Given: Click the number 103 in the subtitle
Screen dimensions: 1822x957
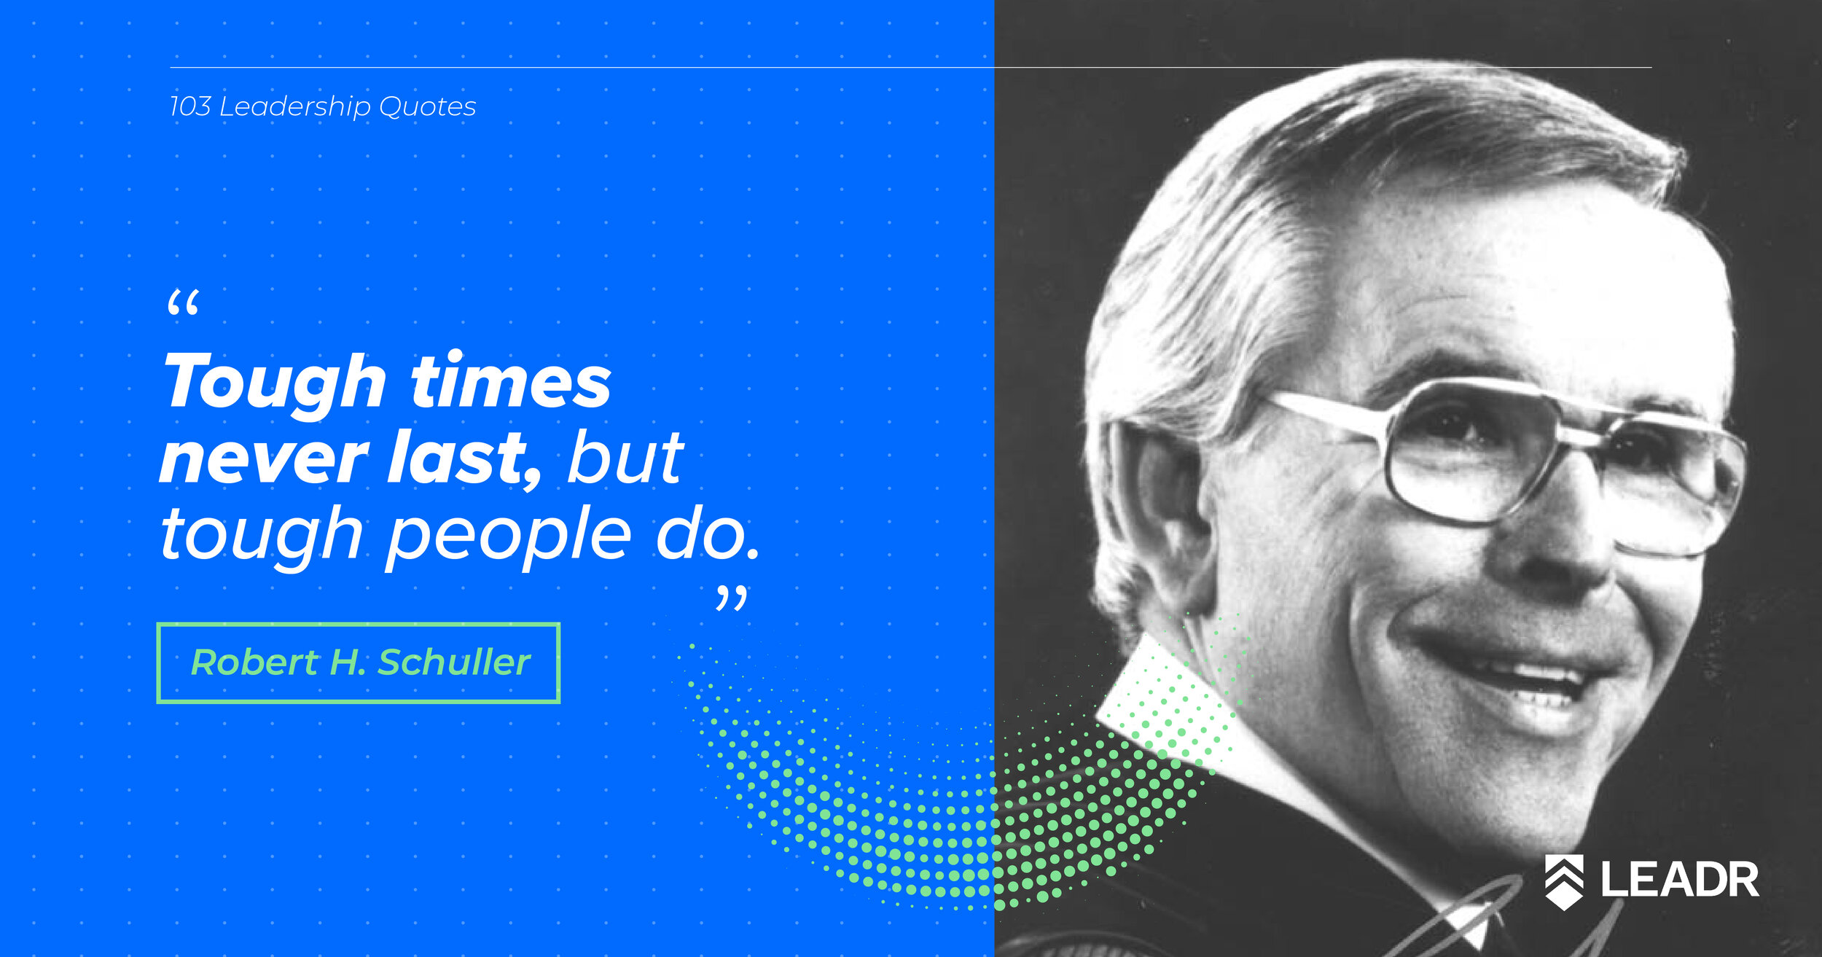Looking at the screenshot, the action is pos(190,106).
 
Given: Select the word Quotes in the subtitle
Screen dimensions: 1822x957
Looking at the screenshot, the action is pos(428,107).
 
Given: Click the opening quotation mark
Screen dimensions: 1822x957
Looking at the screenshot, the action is pos(183,302).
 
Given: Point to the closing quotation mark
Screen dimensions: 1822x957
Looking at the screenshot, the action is pos(731,599).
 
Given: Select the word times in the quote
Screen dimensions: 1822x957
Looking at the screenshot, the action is pos(511,380).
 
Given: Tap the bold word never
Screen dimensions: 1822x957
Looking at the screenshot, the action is pos(264,459).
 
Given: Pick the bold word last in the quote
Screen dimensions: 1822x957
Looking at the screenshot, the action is pos(464,458).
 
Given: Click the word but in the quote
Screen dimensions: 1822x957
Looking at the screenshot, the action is pos(625,457).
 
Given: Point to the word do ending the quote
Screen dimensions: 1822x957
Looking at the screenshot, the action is pos(707,534).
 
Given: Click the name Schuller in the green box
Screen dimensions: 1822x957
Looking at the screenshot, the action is pos(453,662).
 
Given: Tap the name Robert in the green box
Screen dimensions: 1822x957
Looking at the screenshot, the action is pos(254,662).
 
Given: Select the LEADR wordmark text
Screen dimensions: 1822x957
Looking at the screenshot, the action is pos(1680,880).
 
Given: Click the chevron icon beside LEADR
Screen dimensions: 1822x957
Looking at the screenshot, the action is pos(1564,882).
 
